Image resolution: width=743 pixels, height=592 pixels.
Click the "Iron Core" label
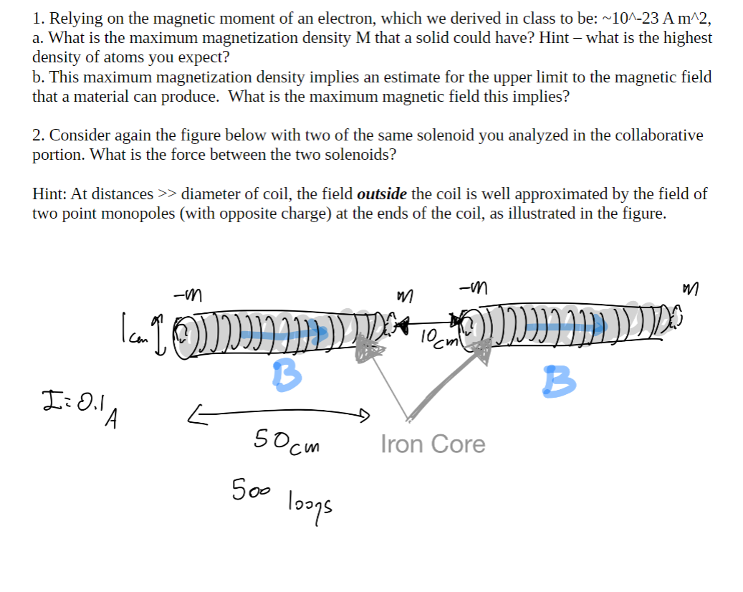[x=432, y=444]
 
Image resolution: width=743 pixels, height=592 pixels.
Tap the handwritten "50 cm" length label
[x=287, y=439]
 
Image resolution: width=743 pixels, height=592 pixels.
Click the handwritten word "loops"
[x=310, y=501]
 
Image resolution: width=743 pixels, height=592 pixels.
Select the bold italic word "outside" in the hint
[x=382, y=194]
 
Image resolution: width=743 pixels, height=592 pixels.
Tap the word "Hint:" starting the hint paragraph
[x=49, y=194]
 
